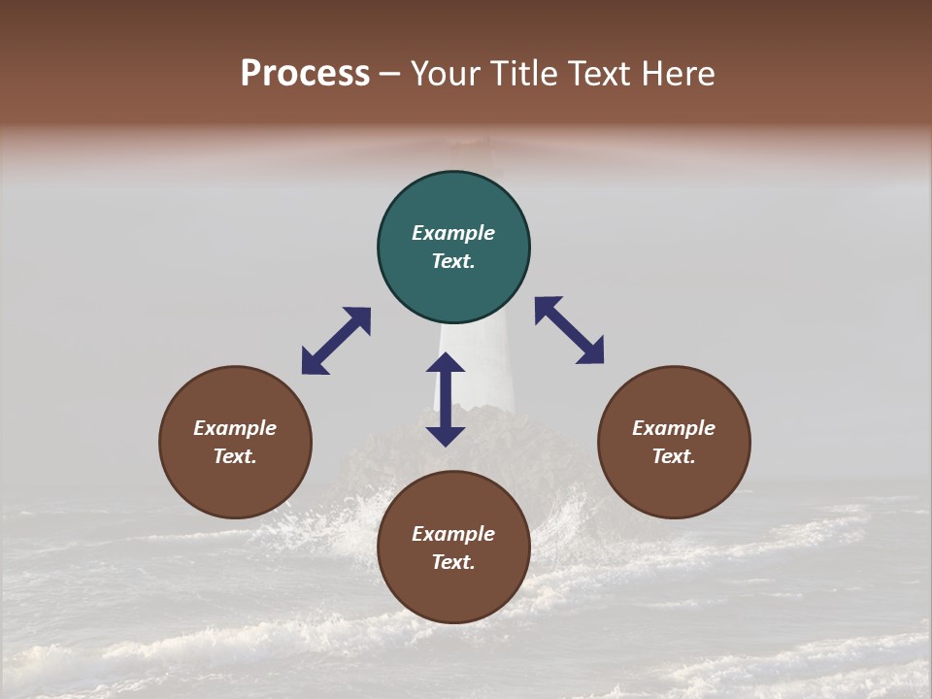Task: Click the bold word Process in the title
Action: [305, 74]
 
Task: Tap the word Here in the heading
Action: [679, 74]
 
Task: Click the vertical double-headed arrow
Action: [446, 399]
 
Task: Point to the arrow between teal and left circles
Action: [336, 341]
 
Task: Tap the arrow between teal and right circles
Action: [569, 330]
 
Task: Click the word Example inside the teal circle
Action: [453, 233]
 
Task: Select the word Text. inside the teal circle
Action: [453, 261]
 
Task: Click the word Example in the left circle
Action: [235, 428]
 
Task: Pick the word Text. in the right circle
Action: [674, 456]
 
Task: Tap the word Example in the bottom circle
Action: [453, 534]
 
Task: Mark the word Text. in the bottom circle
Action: [453, 562]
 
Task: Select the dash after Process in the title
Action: [390, 74]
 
